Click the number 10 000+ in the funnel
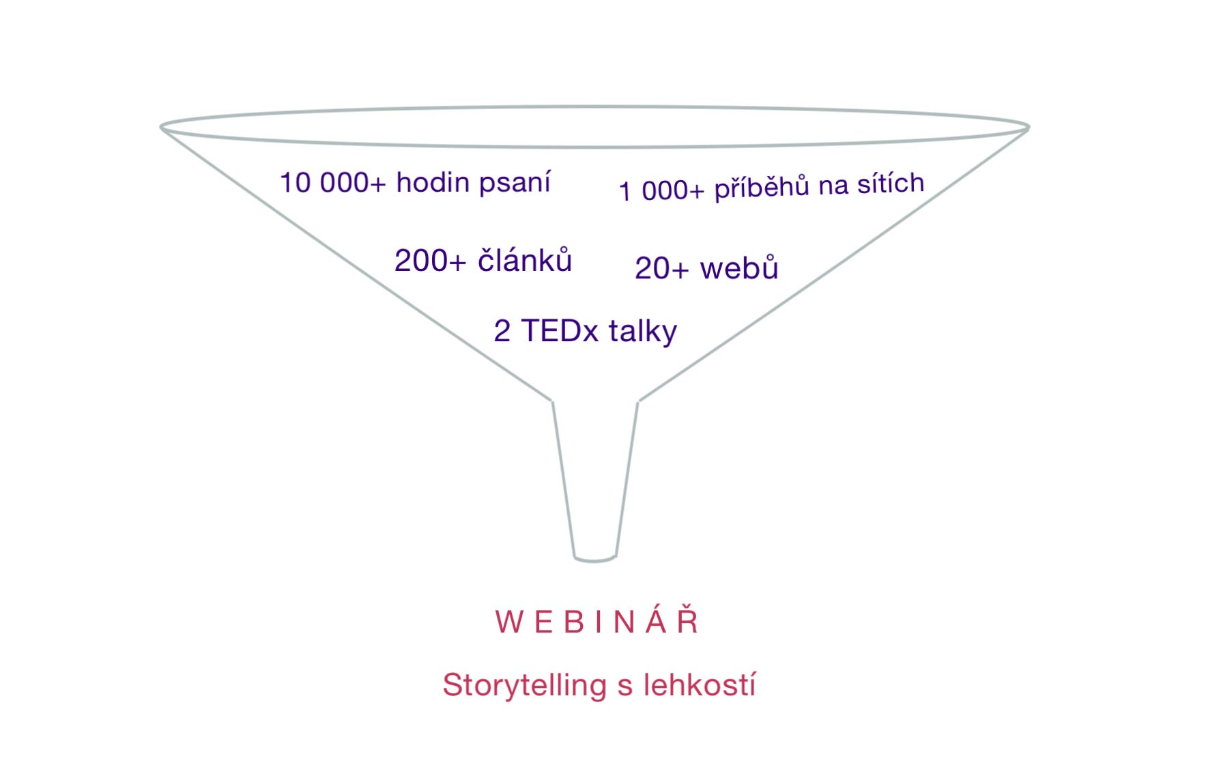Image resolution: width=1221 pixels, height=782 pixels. click(x=333, y=183)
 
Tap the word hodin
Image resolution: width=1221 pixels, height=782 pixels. click(x=433, y=182)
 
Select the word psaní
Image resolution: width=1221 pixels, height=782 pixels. click(x=515, y=183)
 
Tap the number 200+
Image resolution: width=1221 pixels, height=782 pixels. click(x=431, y=261)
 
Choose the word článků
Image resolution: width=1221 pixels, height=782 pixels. click(x=524, y=260)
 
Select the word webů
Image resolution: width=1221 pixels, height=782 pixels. click(x=739, y=267)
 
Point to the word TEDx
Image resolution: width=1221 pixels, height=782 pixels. click(x=560, y=331)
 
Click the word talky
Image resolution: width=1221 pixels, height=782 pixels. click(x=643, y=332)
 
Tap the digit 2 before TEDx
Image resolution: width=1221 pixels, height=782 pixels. click(x=502, y=332)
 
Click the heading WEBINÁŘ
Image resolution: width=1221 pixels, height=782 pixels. click(x=597, y=622)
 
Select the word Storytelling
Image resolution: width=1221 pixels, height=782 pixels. click(x=524, y=685)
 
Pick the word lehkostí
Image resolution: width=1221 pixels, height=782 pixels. click(x=700, y=684)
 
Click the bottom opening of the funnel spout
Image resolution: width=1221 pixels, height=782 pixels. click(x=595, y=558)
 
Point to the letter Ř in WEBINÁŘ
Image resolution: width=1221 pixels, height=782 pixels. click(x=688, y=621)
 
